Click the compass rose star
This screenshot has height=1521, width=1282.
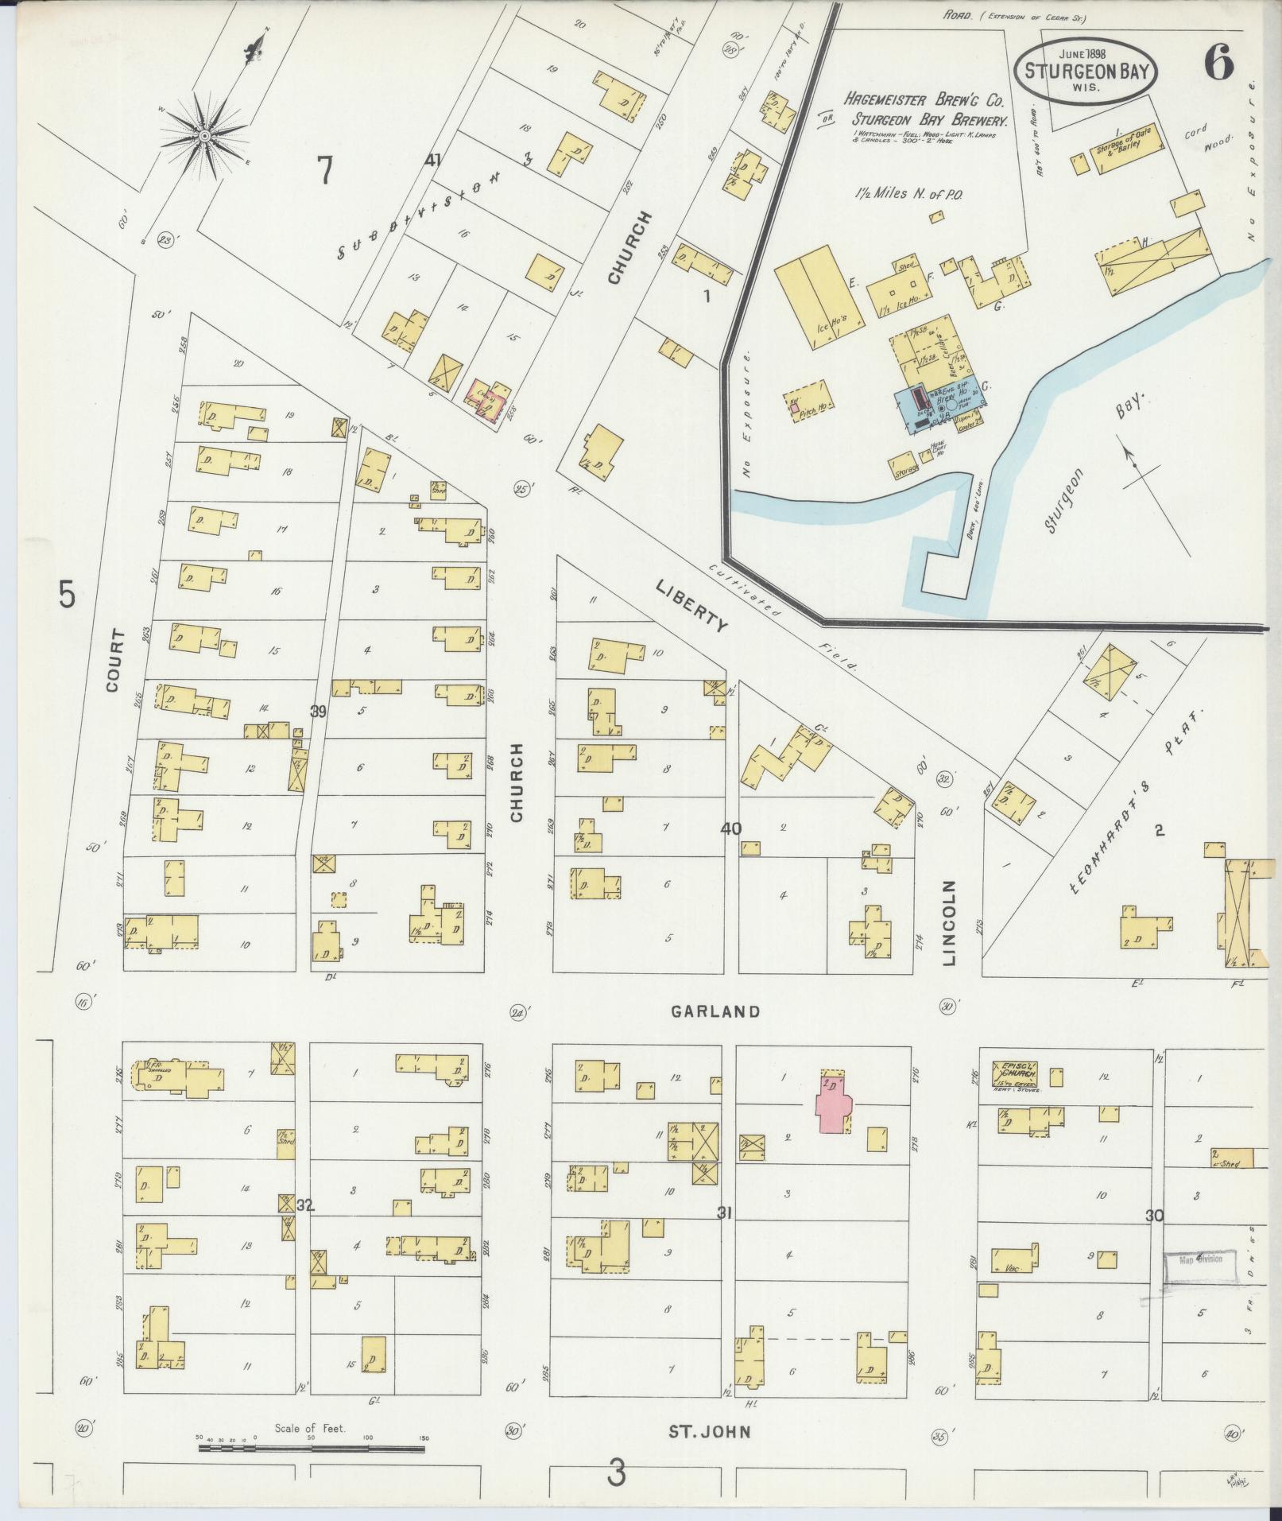coord(204,136)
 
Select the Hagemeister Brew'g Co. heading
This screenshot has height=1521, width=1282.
coord(926,102)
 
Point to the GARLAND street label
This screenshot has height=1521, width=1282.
coord(715,1011)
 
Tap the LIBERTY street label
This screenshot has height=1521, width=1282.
coord(691,606)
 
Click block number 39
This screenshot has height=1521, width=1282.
coord(318,712)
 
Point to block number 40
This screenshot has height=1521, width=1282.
coord(731,828)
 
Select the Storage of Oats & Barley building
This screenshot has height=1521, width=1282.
coord(1129,149)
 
